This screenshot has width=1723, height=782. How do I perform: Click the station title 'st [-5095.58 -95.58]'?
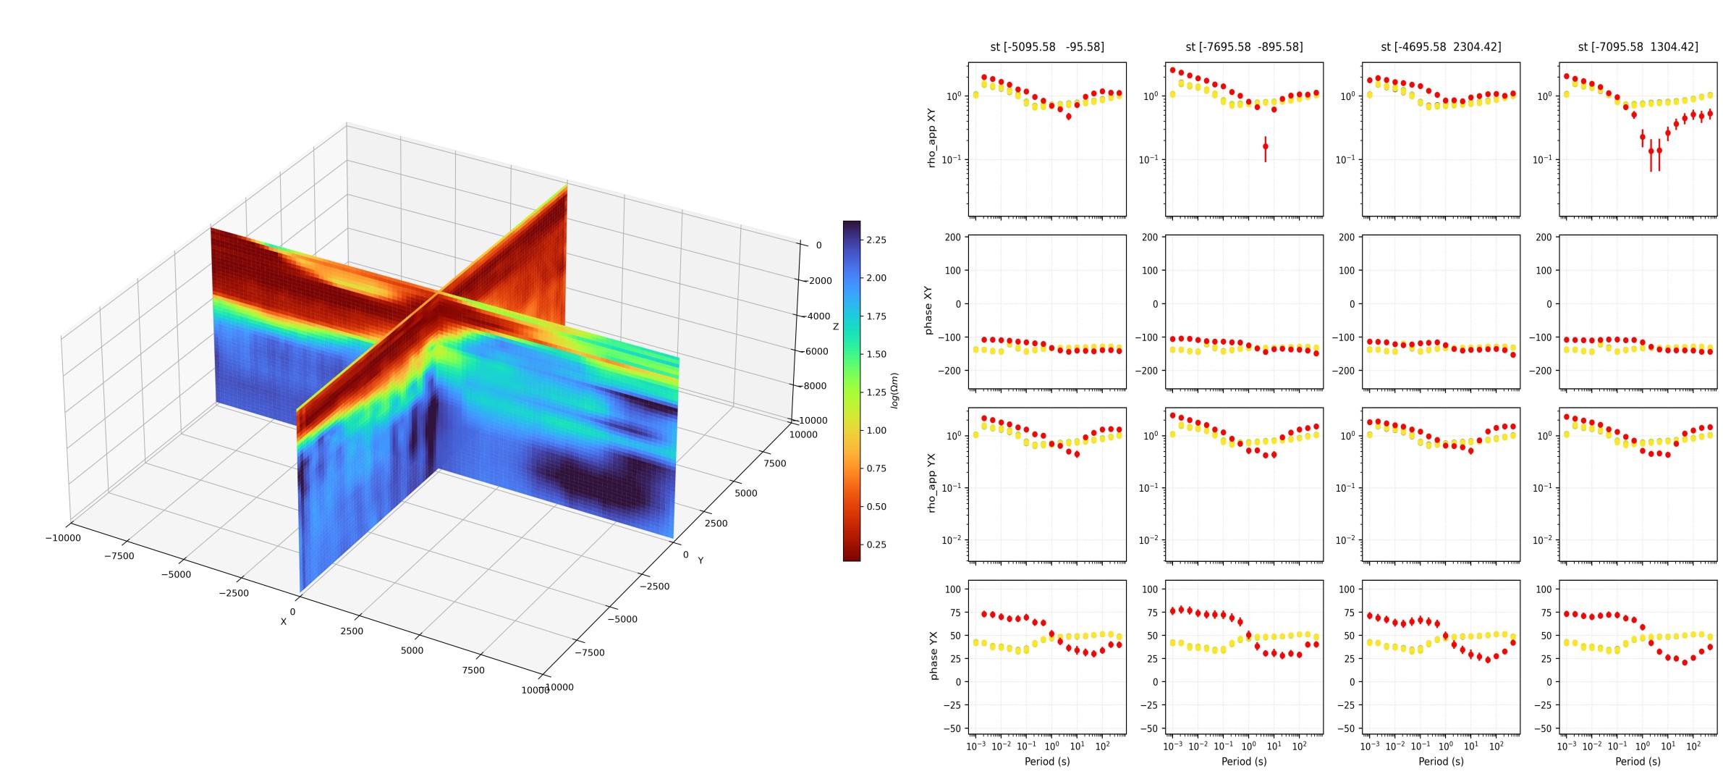[x=1046, y=47]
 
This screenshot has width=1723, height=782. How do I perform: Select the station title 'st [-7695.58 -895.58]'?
[x=1244, y=47]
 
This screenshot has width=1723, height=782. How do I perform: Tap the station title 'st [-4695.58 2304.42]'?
[x=1441, y=47]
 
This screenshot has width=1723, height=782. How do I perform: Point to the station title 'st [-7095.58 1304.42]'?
[x=1638, y=47]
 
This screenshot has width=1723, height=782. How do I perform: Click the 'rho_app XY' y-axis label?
[x=931, y=138]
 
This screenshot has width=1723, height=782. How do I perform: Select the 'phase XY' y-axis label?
[x=928, y=311]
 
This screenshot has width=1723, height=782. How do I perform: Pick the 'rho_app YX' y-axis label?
[x=931, y=483]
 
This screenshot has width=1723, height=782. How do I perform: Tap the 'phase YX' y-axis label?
[x=934, y=655]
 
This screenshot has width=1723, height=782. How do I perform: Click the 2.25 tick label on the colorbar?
[x=876, y=240]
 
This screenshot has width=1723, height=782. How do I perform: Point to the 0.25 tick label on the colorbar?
[x=876, y=545]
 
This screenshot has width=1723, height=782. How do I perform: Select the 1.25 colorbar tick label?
[x=876, y=392]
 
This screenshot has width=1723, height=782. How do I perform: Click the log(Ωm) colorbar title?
[x=895, y=391]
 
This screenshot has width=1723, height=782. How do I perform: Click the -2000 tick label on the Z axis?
[x=820, y=281]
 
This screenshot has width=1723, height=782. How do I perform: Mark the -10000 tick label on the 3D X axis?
[x=63, y=538]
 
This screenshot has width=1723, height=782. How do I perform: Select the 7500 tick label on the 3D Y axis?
[x=774, y=463]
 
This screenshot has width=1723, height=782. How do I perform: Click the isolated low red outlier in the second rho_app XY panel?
[x=1266, y=147]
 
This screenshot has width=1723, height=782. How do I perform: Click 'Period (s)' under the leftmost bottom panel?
[x=1047, y=762]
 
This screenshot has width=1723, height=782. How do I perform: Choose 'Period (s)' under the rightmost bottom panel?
[x=1638, y=762]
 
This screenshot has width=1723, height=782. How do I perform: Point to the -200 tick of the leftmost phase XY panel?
[x=949, y=371]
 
